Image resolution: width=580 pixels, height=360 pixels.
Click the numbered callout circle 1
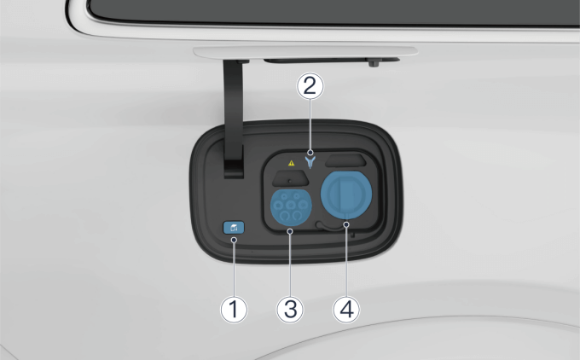pos(234,310)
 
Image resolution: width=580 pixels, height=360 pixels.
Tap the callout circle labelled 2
pos(310,86)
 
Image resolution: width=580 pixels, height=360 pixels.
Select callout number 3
pos(290,310)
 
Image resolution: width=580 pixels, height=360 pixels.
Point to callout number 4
pos(346,310)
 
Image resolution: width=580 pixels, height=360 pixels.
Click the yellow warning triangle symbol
pos(292,163)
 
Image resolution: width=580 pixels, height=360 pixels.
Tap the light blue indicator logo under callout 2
pos(310,162)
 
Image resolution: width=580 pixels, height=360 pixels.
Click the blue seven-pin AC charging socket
pos(291,206)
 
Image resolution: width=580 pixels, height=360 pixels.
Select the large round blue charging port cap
pos(346,194)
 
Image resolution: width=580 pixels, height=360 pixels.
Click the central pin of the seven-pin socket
pos(291,205)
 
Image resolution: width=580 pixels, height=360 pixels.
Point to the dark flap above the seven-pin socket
pos(290,178)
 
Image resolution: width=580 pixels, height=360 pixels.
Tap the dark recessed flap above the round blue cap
pos(345,161)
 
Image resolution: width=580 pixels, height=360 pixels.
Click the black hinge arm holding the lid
pos(234,119)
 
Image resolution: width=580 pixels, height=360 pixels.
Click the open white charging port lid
pos(305,52)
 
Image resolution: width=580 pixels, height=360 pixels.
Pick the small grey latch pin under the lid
pos(374,63)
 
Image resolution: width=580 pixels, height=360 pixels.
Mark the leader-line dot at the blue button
pos(234,240)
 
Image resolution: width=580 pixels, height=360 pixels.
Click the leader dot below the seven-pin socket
pos(290,231)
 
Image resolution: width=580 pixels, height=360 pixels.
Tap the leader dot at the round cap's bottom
pos(346,224)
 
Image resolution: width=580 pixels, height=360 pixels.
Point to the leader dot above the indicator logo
pos(310,153)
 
